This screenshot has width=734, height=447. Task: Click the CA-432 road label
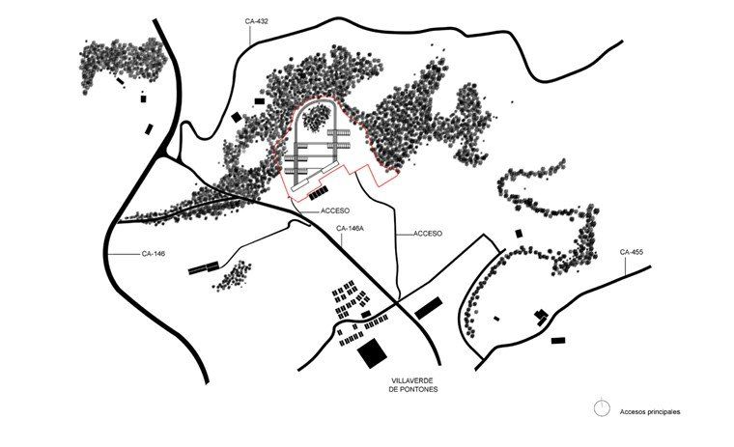pyautogui.click(x=256, y=21)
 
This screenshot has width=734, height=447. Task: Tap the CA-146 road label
pyautogui.click(x=153, y=254)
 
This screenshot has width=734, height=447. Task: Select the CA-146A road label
pyautogui.click(x=350, y=229)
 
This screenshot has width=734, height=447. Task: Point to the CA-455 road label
pyautogui.click(x=631, y=252)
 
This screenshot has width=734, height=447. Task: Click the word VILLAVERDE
pyautogui.click(x=412, y=381)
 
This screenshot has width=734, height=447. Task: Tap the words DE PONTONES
pyautogui.click(x=413, y=389)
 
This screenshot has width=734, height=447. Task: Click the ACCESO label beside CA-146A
pyautogui.click(x=335, y=211)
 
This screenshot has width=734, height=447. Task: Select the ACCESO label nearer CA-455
pyautogui.click(x=428, y=234)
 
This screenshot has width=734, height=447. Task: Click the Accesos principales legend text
pyautogui.click(x=650, y=412)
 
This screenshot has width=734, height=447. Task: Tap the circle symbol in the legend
pyautogui.click(x=602, y=408)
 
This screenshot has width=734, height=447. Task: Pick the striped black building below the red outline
pyautogui.click(x=319, y=193)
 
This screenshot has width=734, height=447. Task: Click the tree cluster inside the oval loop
pyautogui.click(x=316, y=118)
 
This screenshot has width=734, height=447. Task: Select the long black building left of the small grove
pyautogui.click(x=204, y=268)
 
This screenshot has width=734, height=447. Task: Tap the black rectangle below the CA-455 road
pyautogui.click(x=558, y=340)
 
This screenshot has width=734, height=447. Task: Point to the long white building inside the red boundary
pyautogui.click(x=315, y=176)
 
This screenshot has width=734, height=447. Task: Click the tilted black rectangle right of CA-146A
pyautogui.click(x=428, y=308)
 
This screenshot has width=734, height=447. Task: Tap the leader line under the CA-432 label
pyautogui.click(x=250, y=34)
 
